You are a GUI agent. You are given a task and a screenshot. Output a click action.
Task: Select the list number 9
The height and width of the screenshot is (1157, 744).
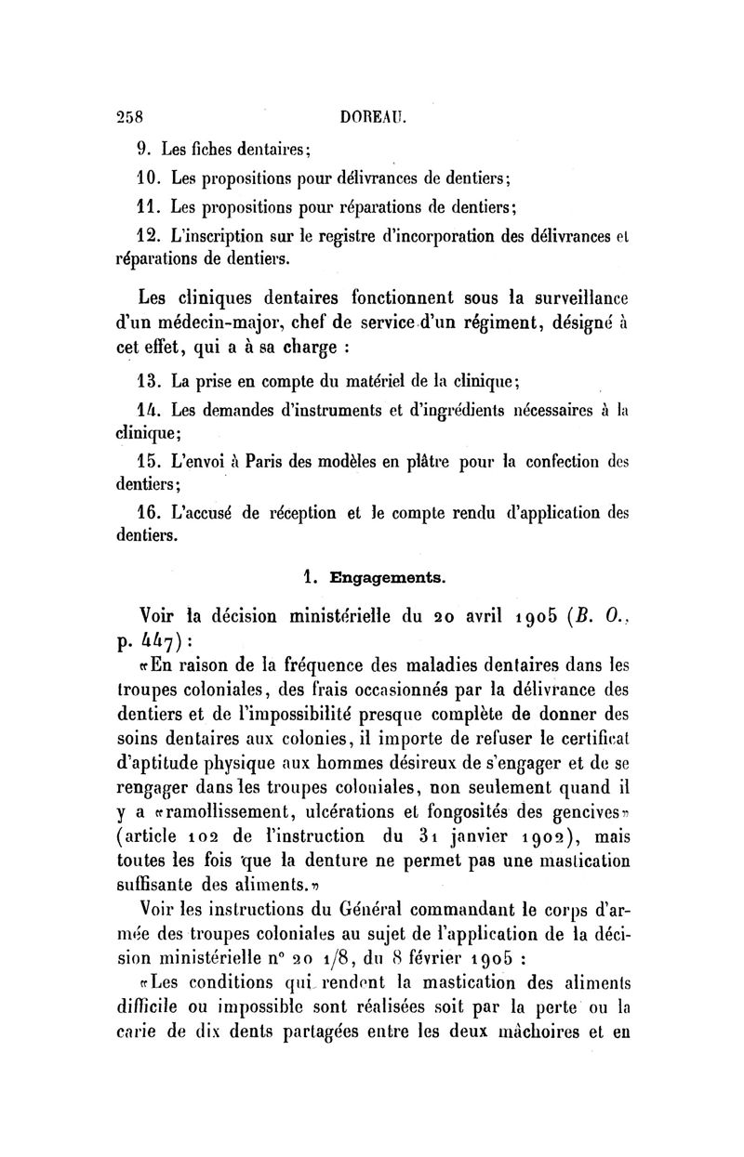coord(144,148)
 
